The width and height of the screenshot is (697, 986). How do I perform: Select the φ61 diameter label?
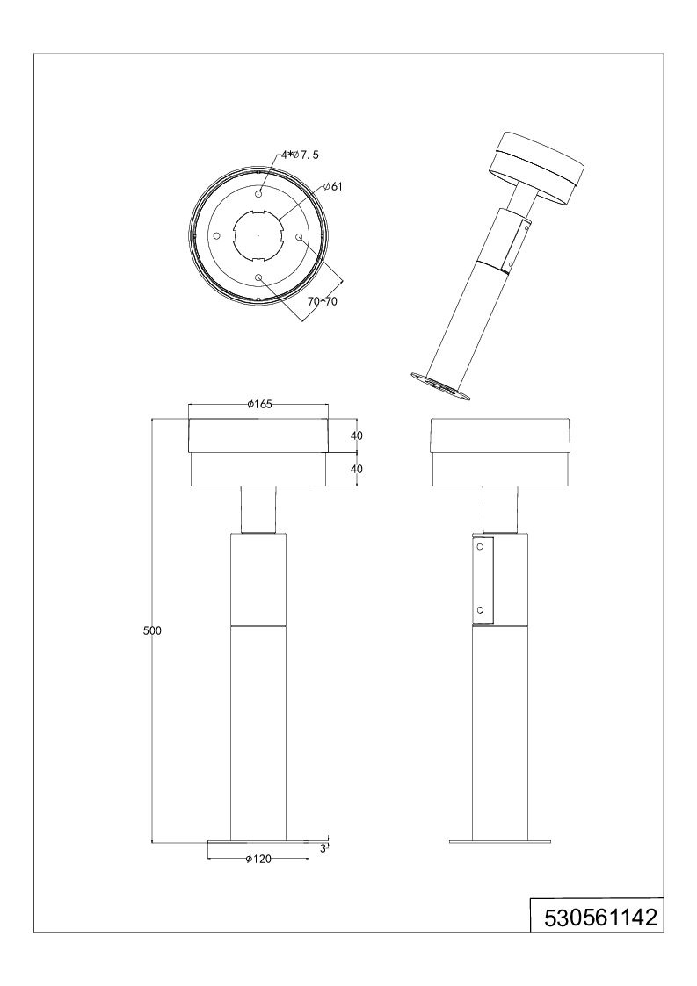coord(334,187)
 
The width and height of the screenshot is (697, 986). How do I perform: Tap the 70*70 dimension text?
coord(323,301)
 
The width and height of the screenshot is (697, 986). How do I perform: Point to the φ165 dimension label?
coord(259,405)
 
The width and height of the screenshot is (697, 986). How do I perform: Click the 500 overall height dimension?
coord(152,630)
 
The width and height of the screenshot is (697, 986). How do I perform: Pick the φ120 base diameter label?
coord(258,859)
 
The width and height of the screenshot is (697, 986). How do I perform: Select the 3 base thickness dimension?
coord(323,847)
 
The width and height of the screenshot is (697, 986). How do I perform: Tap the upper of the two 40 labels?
coord(356,435)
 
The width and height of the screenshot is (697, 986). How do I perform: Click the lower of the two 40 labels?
coord(356,469)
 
